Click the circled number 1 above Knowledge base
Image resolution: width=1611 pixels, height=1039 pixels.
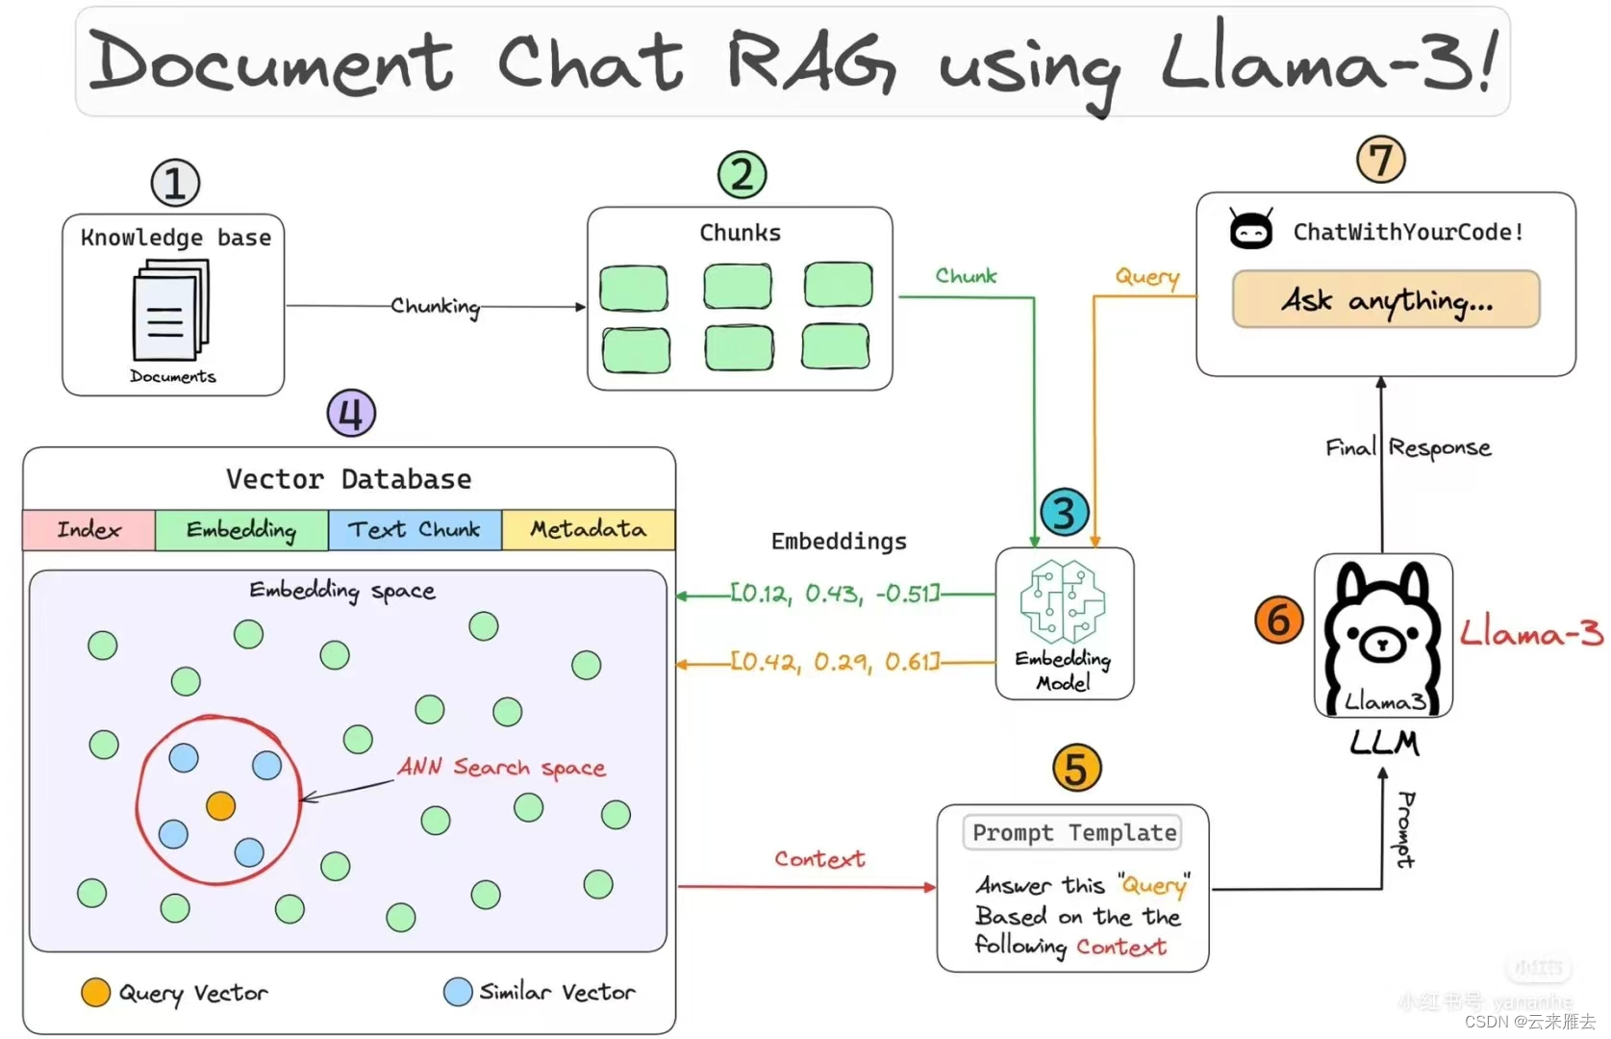[175, 183]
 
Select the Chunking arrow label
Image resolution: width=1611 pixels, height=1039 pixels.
[435, 306]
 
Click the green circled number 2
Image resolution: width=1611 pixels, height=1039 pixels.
[742, 175]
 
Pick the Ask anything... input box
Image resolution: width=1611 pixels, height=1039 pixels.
[1385, 300]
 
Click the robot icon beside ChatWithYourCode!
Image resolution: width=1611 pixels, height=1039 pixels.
[1251, 230]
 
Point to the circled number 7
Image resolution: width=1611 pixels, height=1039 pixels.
[1380, 160]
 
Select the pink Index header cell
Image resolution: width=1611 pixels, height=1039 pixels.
[88, 530]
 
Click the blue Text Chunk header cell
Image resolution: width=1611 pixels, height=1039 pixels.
[415, 530]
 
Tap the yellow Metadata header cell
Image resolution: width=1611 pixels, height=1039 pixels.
[588, 530]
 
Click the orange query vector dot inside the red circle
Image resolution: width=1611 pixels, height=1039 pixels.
[221, 805]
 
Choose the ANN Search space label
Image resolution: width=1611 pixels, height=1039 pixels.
[501, 767]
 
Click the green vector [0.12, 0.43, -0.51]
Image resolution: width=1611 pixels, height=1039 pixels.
[834, 594]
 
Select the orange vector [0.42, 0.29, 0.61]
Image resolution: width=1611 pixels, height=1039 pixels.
[834, 662]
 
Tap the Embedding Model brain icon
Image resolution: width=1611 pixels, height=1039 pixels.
[1062, 602]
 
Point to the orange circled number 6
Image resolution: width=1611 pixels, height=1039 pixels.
[1278, 621]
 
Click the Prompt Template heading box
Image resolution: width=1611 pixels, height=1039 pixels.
[1073, 833]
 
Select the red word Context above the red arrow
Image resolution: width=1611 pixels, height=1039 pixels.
[819, 859]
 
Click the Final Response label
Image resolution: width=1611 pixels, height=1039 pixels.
[1408, 448]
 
